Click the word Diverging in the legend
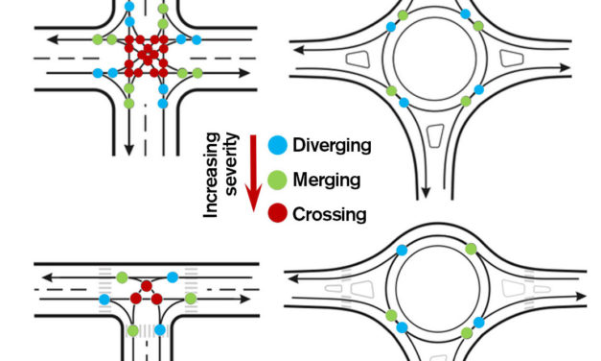(x=331, y=147)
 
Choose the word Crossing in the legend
(x=329, y=214)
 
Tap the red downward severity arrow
(x=253, y=173)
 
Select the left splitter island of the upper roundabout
(x=360, y=59)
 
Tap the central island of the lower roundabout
(x=434, y=289)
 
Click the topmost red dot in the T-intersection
(x=146, y=285)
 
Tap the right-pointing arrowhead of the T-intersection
(x=253, y=299)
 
